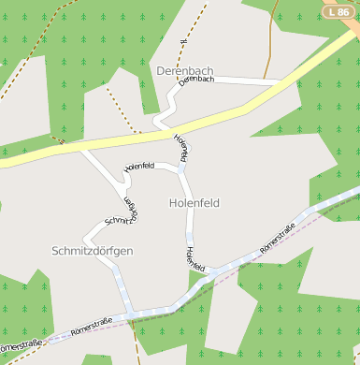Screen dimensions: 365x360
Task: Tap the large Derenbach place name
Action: pos(185,71)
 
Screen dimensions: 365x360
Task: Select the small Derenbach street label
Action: pos(195,80)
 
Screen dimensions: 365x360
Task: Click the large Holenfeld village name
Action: pos(195,202)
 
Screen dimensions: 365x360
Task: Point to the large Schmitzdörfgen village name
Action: pos(92,251)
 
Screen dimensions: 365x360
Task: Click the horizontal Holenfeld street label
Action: pos(138,166)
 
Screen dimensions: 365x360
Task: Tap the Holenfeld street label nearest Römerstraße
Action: pos(194,259)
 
